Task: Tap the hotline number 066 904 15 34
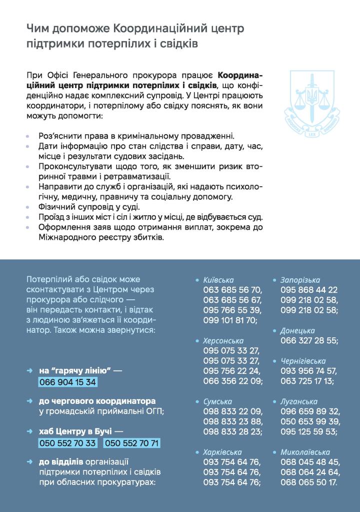point(67,382)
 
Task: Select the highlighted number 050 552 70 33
point(67,443)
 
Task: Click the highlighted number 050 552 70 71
point(132,443)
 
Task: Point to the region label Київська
point(218,280)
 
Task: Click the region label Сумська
point(217,401)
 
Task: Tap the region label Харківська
point(222,452)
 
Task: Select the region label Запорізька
point(300,280)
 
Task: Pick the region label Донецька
point(297,331)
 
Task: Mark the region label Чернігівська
point(303,361)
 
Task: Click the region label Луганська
point(299,401)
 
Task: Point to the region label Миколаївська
point(305,452)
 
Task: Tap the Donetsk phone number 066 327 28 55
point(309,341)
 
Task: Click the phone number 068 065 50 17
point(309,482)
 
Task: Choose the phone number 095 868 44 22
point(309,290)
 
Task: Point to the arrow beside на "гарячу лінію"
point(30,371)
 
